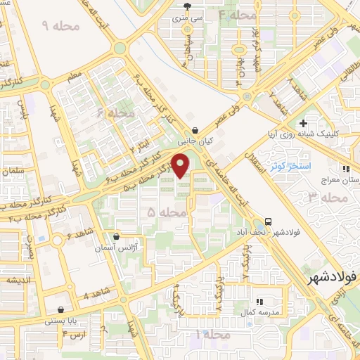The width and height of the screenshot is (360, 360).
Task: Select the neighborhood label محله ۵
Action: (x=167, y=210)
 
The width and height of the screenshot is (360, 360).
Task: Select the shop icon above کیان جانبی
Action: (x=195, y=130)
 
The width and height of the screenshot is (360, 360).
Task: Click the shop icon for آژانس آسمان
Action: (x=116, y=236)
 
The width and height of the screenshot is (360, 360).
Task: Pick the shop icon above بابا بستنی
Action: (x=61, y=309)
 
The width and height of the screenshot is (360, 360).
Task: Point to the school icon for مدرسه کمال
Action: (x=257, y=300)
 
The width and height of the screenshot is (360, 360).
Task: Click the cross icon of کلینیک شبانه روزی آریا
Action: (x=303, y=122)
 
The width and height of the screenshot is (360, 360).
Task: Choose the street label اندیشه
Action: (x=17, y=279)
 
